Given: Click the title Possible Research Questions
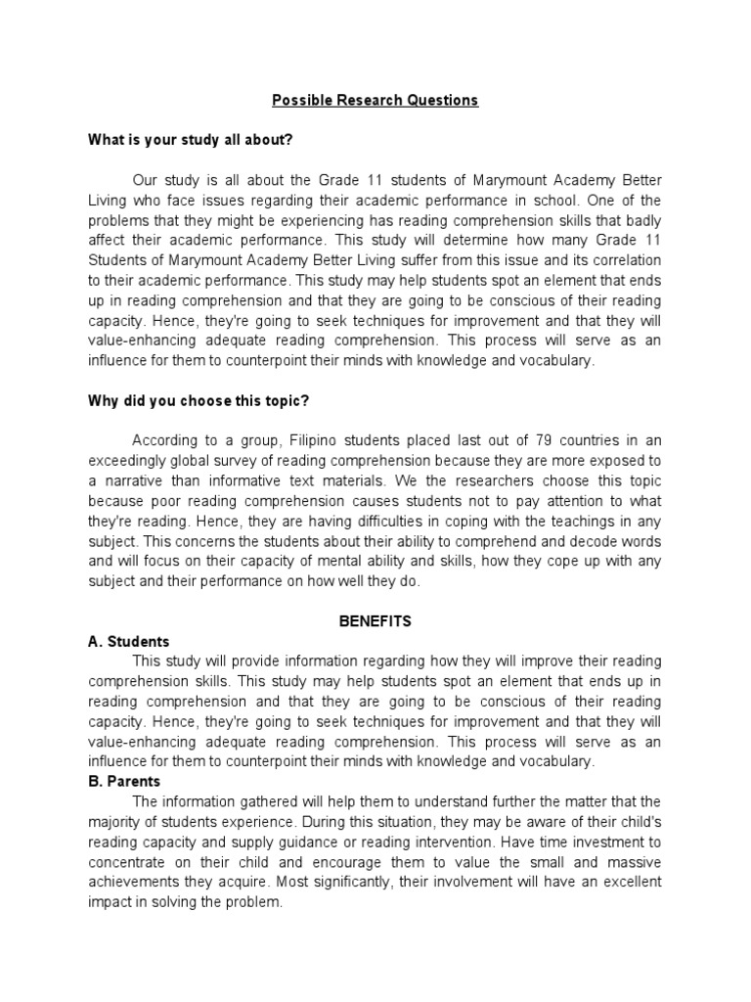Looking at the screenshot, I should click(375, 101).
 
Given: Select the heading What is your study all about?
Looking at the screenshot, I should click(191, 140).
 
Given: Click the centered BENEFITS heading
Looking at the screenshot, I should click(375, 621).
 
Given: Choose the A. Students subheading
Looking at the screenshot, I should click(128, 642).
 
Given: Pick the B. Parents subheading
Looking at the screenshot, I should click(124, 782).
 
